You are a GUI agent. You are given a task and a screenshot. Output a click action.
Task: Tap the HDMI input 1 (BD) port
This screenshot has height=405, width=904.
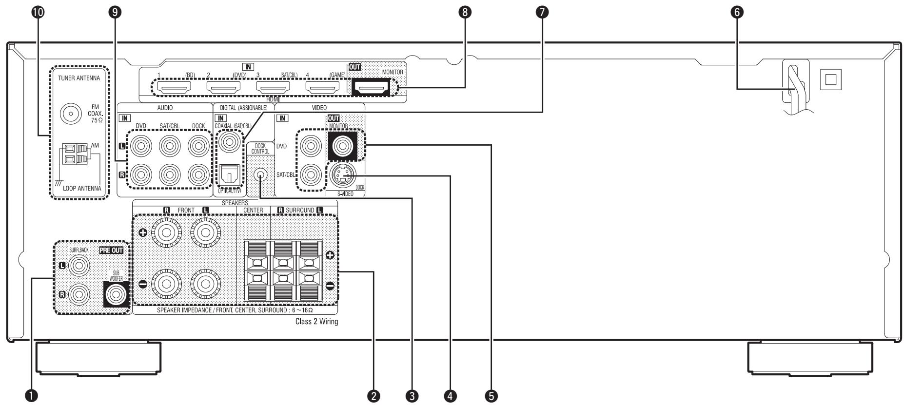pyautogui.click(x=174, y=88)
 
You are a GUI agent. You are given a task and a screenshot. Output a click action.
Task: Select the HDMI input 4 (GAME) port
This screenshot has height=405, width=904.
pyautogui.click(x=322, y=88)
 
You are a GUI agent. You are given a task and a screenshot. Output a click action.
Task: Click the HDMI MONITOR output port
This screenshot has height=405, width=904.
pyautogui.click(x=371, y=88)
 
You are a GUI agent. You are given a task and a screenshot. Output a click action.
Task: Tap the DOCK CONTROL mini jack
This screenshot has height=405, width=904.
pyautogui.click(x=260, y=174)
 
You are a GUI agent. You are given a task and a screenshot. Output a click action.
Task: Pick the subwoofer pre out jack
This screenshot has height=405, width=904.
pyautogui.click(x=116, y=295)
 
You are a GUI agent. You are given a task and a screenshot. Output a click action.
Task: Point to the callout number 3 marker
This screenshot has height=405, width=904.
pyautogui.click(x=413, y=396)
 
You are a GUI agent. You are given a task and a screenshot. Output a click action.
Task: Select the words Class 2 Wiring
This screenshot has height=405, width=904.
pyautogui.click(x=316, y=322)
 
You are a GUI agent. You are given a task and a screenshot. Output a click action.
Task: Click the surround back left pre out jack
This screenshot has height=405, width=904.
pyautogui.click(x=79, y=266)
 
